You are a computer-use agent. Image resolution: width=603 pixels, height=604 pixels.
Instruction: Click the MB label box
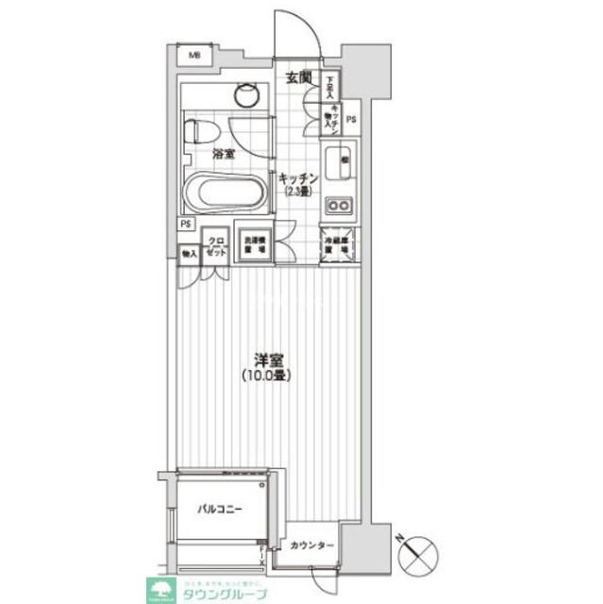195,56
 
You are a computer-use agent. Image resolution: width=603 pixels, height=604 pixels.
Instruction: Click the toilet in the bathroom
200,129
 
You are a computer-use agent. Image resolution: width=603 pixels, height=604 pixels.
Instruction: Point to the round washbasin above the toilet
247,93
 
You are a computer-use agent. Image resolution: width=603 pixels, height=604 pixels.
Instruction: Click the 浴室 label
224,152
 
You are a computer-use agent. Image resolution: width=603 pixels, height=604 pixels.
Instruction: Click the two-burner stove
337,206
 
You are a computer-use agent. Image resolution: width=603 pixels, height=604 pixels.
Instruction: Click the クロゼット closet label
216,247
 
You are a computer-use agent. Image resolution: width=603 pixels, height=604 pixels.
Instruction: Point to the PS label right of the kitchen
352,119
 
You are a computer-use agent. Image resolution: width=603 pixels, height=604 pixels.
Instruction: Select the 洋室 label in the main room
267,360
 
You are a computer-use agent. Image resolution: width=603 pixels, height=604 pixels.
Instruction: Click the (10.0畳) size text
267,376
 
